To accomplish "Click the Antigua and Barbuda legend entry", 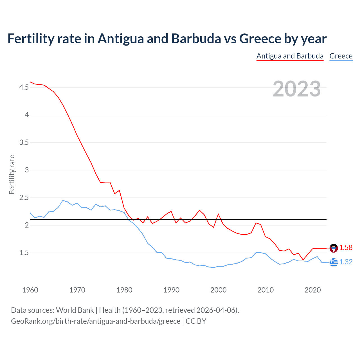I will point(290,56).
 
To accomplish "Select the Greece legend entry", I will point(341,56).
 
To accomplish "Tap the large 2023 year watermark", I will point(297,89).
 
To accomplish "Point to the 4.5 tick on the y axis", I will point(24,87).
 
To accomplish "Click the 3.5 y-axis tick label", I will point(24,143).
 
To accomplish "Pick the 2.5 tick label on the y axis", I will point(24,198).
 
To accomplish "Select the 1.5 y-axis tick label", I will point(24,253).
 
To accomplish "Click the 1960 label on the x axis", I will point(30,290).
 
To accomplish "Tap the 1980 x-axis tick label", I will point(124,290).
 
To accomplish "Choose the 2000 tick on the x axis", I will point(218,290).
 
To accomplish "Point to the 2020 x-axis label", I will point(312,290).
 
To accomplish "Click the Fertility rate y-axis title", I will point(12,174).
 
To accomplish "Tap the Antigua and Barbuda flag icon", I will point(334,248).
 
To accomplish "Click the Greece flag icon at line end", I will point(334,262).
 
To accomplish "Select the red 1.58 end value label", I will point(346,248).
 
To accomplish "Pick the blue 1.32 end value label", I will point(346,262).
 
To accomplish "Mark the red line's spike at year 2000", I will point(218,214).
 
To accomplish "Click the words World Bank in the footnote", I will point(75,310).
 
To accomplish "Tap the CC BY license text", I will point(196,321).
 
